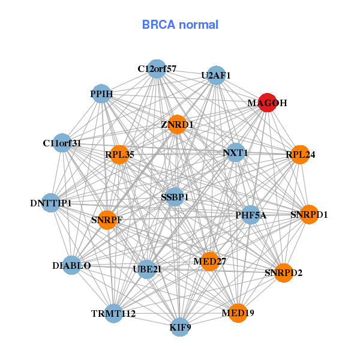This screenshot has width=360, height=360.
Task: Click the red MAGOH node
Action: click(x=267, y=103)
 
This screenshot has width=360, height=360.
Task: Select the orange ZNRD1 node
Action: click(x=177, y=124)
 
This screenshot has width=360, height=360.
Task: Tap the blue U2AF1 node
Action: click(x=216, y=75)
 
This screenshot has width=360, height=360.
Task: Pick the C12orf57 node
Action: click(x=157, y=68)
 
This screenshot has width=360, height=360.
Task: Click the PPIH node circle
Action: click(x=102, y=94)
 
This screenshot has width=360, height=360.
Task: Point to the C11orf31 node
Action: click(x=62, y=143)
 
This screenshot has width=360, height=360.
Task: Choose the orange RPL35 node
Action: click(x=119, y=154)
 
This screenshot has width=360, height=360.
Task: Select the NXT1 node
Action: click(x=236, y=152)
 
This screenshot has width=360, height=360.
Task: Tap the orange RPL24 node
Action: click(x=300, y=154)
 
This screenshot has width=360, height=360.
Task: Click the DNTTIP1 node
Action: click(x=51, y=203)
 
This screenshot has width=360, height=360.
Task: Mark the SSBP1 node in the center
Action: click(x=175, y=197)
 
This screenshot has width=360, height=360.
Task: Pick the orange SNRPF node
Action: click(x=107, y=220)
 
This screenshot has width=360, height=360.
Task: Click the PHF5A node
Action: click(x=251, y=214)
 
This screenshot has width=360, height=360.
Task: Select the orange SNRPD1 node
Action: click(x=309, y=214)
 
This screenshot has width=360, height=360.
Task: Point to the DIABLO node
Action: click(x=72, y=265)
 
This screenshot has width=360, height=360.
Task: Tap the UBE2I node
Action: click(x=147, y=269)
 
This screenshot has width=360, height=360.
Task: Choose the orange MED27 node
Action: click(x=209, y=262)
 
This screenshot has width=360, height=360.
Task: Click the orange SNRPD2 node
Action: click(x=283, y=273)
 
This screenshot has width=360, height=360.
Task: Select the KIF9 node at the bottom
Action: click(x=180, y=328)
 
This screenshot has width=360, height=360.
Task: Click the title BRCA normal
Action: click(x=180, y=25)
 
